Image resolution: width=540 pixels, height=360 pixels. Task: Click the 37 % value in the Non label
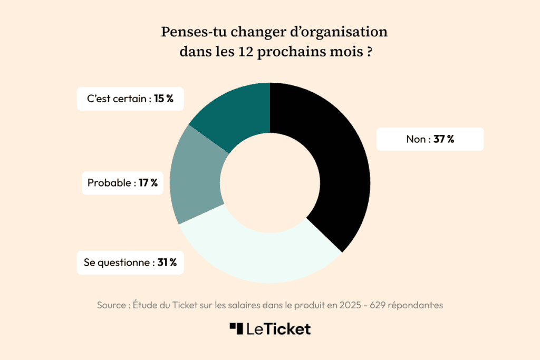[x=444, y=139]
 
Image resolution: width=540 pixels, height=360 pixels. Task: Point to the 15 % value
[x=164, y=99]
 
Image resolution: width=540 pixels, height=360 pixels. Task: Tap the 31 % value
[x=167, y=262]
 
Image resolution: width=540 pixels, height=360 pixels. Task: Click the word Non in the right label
[x=416, y=139]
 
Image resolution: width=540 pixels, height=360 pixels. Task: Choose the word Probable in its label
[x=109, y=183]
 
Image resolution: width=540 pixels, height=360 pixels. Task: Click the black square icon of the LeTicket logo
[x=236, y=328]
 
